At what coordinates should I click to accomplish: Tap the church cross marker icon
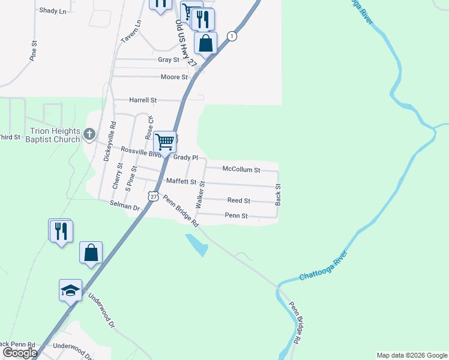[89, 134]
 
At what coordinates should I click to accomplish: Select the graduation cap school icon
[70, 290]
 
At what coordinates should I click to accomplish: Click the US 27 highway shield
[154, 196]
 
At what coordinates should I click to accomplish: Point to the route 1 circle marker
[231, 37]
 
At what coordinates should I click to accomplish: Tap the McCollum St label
[241, 170]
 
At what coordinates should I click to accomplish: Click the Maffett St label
[181, 181]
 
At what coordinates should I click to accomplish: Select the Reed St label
[238, 200]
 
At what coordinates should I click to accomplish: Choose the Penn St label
[236, 215]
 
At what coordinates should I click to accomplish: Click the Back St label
[278, 194]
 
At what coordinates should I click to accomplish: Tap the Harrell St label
[143, 100]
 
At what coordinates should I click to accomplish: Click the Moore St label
[174, 77]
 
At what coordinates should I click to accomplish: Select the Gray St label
[169, 60]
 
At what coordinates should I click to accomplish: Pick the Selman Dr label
[124, 205]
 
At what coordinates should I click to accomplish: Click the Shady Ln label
[52, 11]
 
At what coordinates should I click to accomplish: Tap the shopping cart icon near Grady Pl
[164, 142]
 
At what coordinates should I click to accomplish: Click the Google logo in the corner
[20, 353]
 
